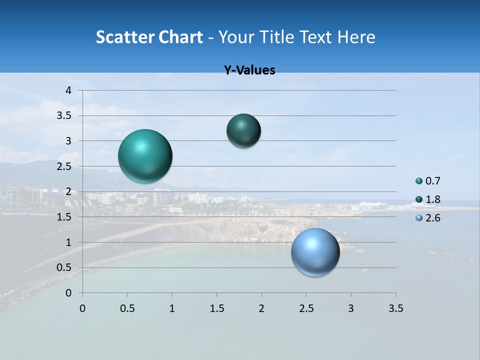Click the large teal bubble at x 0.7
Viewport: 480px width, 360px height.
click(x=145, y=156)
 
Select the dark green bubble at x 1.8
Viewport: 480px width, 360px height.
click(x=243, y=130)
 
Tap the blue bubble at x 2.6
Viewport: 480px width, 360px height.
click(x=315, y=252)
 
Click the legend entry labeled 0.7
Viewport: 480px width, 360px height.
click(x=428, y=181)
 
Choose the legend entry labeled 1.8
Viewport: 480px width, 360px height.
click(x=428, y=199)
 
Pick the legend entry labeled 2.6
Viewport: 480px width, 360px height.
click(x=428, y=218)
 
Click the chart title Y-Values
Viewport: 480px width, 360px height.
click(x=249, y=70)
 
